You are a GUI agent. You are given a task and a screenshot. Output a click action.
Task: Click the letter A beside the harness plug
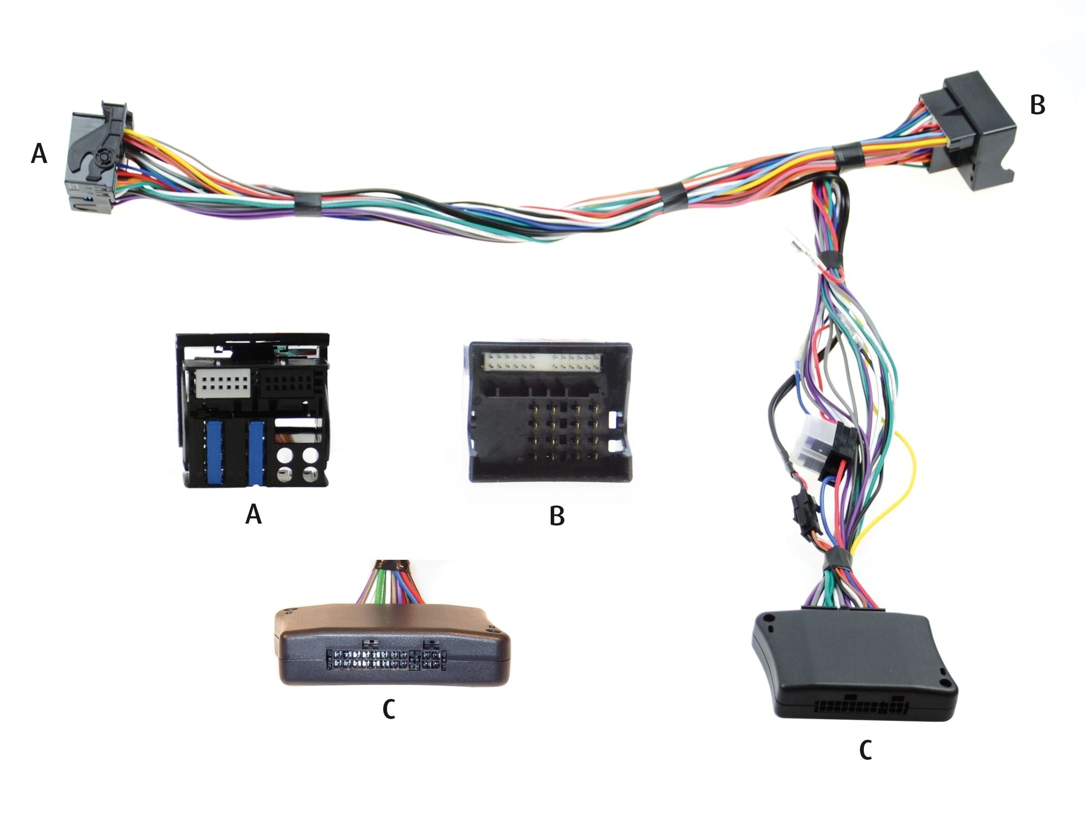(39, 154)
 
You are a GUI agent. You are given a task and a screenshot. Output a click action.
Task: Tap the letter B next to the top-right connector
(1037, 105)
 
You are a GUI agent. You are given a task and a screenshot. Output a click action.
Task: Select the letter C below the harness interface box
(866, 750)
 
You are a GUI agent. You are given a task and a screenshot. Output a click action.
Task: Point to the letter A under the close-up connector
(254, 513)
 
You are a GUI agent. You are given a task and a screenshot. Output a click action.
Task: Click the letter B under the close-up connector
(557, 516)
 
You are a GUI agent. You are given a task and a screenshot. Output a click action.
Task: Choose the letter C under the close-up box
(389, 709)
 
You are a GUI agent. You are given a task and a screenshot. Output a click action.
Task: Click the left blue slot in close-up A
(215, 452)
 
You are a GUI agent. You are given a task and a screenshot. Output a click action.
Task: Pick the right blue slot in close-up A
(256, 452)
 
